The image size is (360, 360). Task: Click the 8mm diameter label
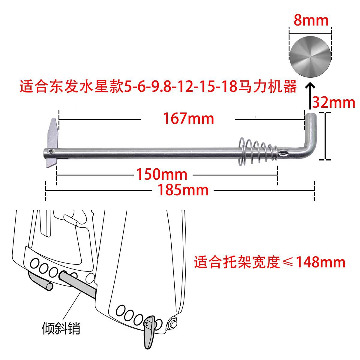(311, 20)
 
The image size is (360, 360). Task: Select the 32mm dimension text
(334, 103)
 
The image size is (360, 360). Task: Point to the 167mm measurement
(188, 118)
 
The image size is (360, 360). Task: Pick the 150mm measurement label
(162, 174)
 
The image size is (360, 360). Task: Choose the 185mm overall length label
(183, 190)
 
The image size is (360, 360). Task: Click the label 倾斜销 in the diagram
(61, 328)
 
